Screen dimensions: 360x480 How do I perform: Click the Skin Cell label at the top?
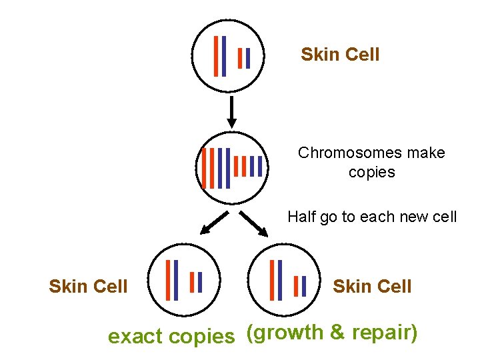(x=340, y=55)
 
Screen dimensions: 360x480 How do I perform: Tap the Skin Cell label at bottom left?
(x=88, y=287)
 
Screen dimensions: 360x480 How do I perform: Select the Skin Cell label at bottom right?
(x=372, y=287)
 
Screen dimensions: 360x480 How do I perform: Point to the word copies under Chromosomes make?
(x=371, y=172)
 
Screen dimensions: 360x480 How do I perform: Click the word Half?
(x=301, y=217)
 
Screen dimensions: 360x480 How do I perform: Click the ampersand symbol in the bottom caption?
(x=337, y=333)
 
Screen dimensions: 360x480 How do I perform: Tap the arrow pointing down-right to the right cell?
(x=253, y=224)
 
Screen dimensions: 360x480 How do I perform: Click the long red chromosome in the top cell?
(x=216, y=55)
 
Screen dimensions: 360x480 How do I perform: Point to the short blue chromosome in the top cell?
(x=248, y=58)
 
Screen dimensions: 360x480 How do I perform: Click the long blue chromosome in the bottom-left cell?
(x=176, y=280)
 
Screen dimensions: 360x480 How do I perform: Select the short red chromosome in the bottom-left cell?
(x=191, y=282)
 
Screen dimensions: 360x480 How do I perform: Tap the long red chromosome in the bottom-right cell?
(x=272, y=280)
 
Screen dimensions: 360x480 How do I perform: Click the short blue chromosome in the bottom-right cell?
(x=304, y=286)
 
